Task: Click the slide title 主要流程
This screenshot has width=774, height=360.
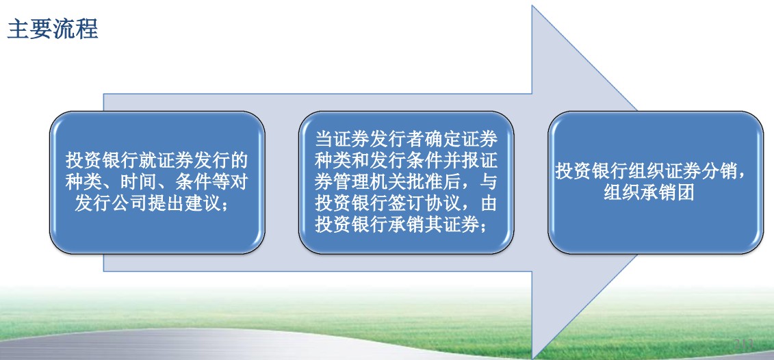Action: click(53, 29)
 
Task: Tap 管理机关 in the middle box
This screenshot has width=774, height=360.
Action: click(370, 182)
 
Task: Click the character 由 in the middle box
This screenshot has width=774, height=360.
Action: click(488, 203)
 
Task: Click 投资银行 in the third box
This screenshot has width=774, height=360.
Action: click(592, 171)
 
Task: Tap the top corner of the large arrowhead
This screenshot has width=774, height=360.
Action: click(532, 6)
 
